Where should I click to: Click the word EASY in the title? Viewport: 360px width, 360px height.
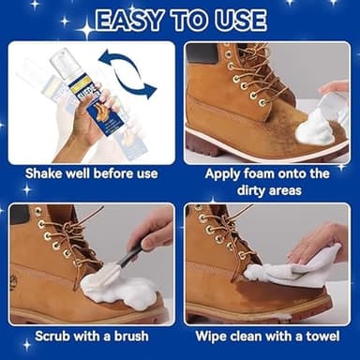(132, 21)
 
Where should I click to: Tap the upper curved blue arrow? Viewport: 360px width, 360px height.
(129, 63)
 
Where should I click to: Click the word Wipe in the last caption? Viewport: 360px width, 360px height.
(213, 335)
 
